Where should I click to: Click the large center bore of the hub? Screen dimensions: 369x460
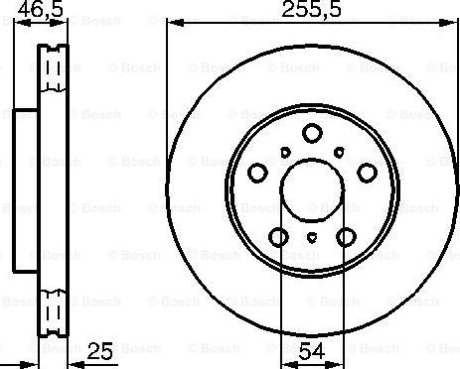[312, 187]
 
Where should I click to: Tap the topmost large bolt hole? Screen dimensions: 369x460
[312, 133]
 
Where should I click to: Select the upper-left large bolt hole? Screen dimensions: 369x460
[257, 173]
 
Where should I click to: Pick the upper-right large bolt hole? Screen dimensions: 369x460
[366, 173]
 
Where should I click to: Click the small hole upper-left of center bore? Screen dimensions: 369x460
[284, 152]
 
